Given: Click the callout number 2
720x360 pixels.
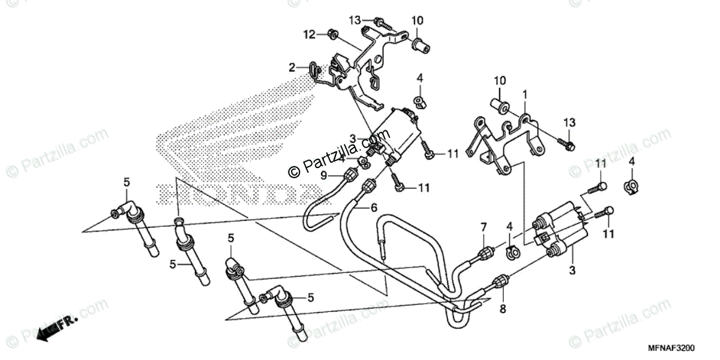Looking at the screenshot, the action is click(292, 68).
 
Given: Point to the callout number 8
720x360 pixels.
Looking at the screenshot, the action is click(503, 309).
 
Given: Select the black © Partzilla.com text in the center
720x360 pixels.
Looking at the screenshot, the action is click(322, 164).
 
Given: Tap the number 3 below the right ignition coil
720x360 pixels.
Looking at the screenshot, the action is click(572, 271).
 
